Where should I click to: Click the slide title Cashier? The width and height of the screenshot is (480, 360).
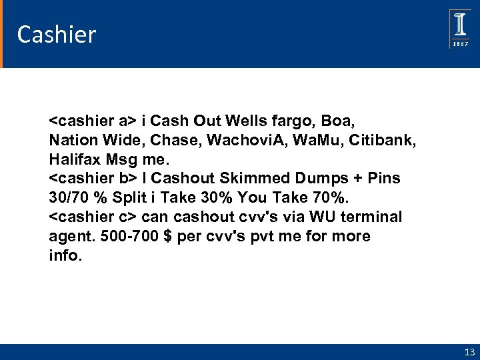57,35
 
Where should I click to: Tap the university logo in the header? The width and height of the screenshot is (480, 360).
460,29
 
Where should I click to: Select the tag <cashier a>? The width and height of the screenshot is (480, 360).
93,121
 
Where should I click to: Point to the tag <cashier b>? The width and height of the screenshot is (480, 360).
93,179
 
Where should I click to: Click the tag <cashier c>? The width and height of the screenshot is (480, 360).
93,217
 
